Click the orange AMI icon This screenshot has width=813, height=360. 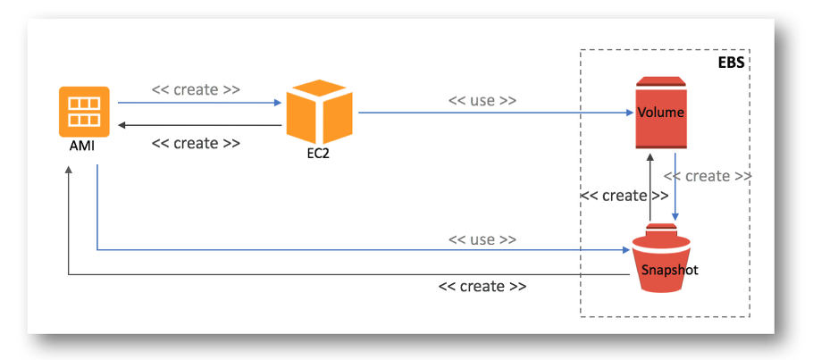pos(84,112)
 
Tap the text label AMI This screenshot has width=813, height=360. pos(82,147)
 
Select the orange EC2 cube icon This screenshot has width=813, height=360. pos(320,112)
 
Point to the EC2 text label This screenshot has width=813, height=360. pos(317,155)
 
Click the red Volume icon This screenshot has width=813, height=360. pos(660,113)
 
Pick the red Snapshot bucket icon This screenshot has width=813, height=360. pos(661,257)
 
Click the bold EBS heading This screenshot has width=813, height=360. pos(731,63)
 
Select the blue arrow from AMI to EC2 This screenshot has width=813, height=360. pos(199,103)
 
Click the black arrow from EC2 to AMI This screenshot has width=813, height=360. pos(199,125)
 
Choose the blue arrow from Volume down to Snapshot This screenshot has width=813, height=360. pos(675,187)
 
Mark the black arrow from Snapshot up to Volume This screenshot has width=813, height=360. pos(650,187)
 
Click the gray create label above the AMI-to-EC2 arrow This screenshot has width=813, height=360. pos(196,89)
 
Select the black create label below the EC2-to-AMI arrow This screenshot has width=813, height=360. pos(196,143)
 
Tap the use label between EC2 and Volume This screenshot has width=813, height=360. pos(482,100)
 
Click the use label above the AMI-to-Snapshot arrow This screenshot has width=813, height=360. pos(482,239)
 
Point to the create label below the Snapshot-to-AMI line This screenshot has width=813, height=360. pos(482,287)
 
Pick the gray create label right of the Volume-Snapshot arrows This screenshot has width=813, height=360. pos(708,176)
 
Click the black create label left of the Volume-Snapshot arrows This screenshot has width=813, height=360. pos(624,197)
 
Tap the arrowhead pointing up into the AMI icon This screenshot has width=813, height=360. pos(69,171)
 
